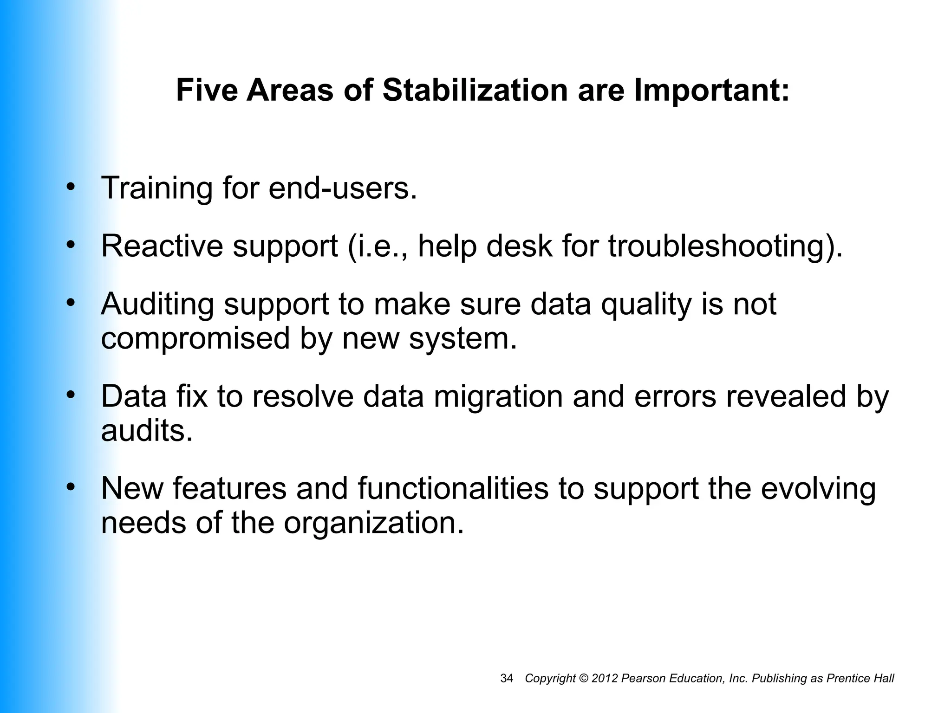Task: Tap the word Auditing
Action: coord(157,305)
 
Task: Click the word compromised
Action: coord(195,339)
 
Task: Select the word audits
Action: coord(147,431)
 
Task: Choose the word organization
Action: coord(374,523)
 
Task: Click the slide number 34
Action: coord(507,678)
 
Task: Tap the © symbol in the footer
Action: coord(584,678)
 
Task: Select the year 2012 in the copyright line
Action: coord(605,678)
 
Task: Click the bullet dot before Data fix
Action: coord(71,395)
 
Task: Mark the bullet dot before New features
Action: coord(71,486)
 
